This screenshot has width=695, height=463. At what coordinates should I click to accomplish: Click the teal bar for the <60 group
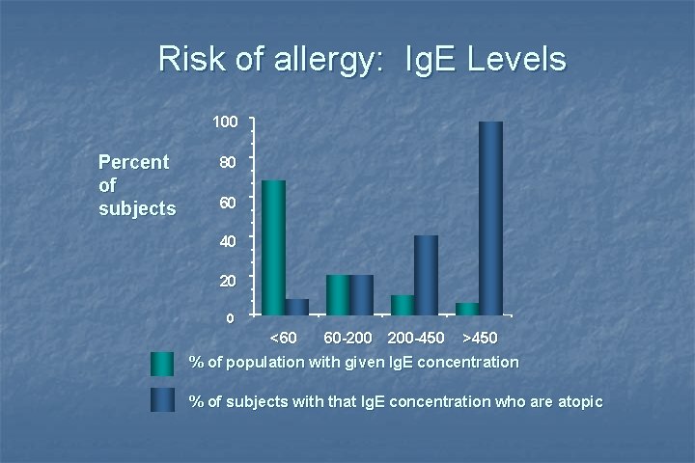click(273, 247)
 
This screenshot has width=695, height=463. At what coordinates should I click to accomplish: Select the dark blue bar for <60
click(297, 307)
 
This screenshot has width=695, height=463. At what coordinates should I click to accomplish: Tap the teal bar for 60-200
click(338, 294)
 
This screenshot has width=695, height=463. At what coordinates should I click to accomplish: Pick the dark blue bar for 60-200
click(362, 294)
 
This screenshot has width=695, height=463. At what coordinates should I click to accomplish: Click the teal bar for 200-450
click(403, 305)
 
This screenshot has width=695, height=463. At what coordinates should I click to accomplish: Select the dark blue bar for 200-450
click(426, 275)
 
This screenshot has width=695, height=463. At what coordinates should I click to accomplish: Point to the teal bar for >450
click(467, 309)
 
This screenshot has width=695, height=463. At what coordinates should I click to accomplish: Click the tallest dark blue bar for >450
click(490, 218)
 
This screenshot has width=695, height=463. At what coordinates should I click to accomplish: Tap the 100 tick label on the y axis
click(225, 123)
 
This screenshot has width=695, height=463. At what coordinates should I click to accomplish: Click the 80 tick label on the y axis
click(225, 163)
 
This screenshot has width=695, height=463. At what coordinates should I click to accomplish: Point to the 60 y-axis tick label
click(225, 203)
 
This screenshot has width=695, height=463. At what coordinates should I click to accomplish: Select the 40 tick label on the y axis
click(225, 242)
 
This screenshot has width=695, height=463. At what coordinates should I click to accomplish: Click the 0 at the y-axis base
click(229, 319)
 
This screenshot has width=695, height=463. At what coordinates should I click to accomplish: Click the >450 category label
click(480, 340)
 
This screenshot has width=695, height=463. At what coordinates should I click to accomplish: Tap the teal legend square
click(163, 365)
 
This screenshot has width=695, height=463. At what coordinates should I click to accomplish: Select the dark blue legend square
click(163, 399)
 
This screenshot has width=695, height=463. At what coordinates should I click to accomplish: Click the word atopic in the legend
click(575, 400)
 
